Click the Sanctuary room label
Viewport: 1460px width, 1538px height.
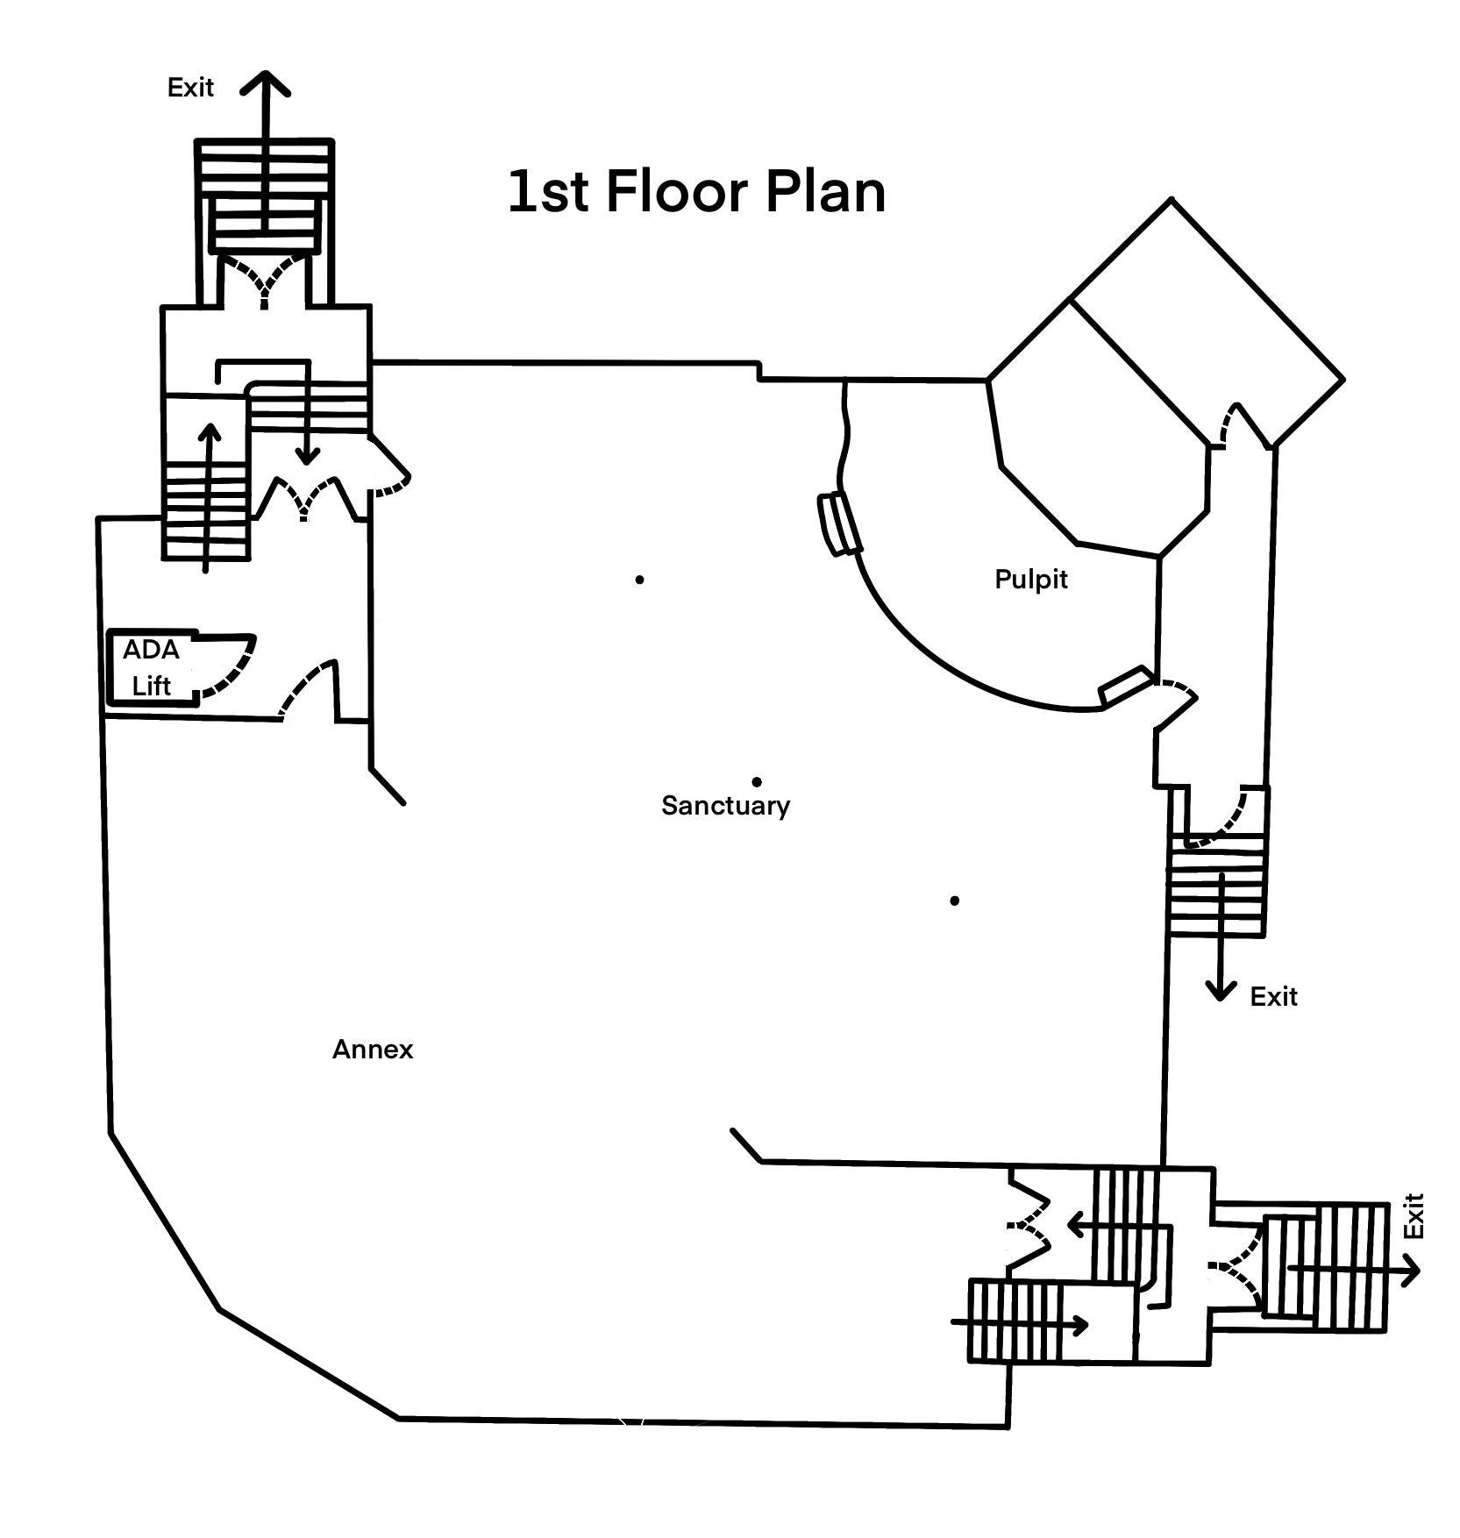tap(725, 805)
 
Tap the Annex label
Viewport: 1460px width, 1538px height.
tap(373, 1049)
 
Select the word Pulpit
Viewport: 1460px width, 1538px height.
tap(1031, 579)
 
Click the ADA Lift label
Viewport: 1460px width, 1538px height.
tap(151, 667)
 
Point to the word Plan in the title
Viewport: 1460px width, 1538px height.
tap(824, 192)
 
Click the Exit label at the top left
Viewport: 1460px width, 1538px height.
tap(190, 88)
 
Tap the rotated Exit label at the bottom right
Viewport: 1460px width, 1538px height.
tap(1413, 1215)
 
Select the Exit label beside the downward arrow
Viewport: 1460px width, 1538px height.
tap(1273, 997)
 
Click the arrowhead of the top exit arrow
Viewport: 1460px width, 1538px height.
tap(265, 82)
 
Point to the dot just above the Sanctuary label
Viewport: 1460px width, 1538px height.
tap(757, 781)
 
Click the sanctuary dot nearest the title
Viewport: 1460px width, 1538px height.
tap(640, 580)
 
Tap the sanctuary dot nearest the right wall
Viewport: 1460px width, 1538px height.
tap(954, 901)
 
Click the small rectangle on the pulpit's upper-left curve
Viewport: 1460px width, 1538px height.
tap(839, 523)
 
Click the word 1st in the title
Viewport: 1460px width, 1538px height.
tap(548, 192)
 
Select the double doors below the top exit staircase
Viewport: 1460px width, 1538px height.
tap(264, 280)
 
